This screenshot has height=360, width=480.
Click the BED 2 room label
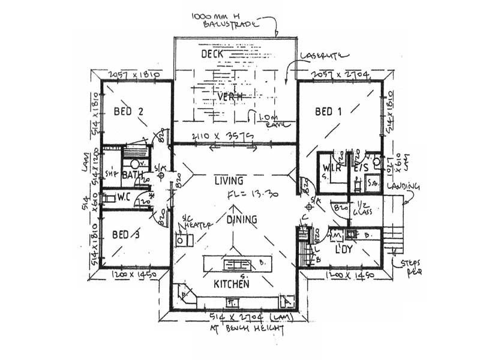pos(130,111)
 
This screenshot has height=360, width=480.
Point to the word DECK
pos(212,55)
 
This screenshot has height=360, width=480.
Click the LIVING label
pos(229,181)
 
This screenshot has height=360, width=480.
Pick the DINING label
pos(242,220)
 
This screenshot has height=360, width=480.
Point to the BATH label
pos(131,176)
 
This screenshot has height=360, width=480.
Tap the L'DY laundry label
pos(343,248)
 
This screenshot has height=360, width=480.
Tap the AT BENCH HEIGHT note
pos(239,329)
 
